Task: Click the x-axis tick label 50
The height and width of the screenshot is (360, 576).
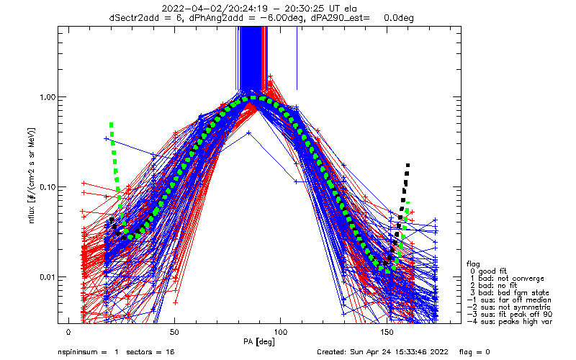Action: [x=174, y=333]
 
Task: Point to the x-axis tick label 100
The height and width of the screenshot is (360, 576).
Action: [x=281, y=333]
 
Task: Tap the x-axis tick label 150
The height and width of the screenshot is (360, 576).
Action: [x=387, y=333]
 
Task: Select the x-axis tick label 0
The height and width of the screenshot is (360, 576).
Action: [x=68, y=333]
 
